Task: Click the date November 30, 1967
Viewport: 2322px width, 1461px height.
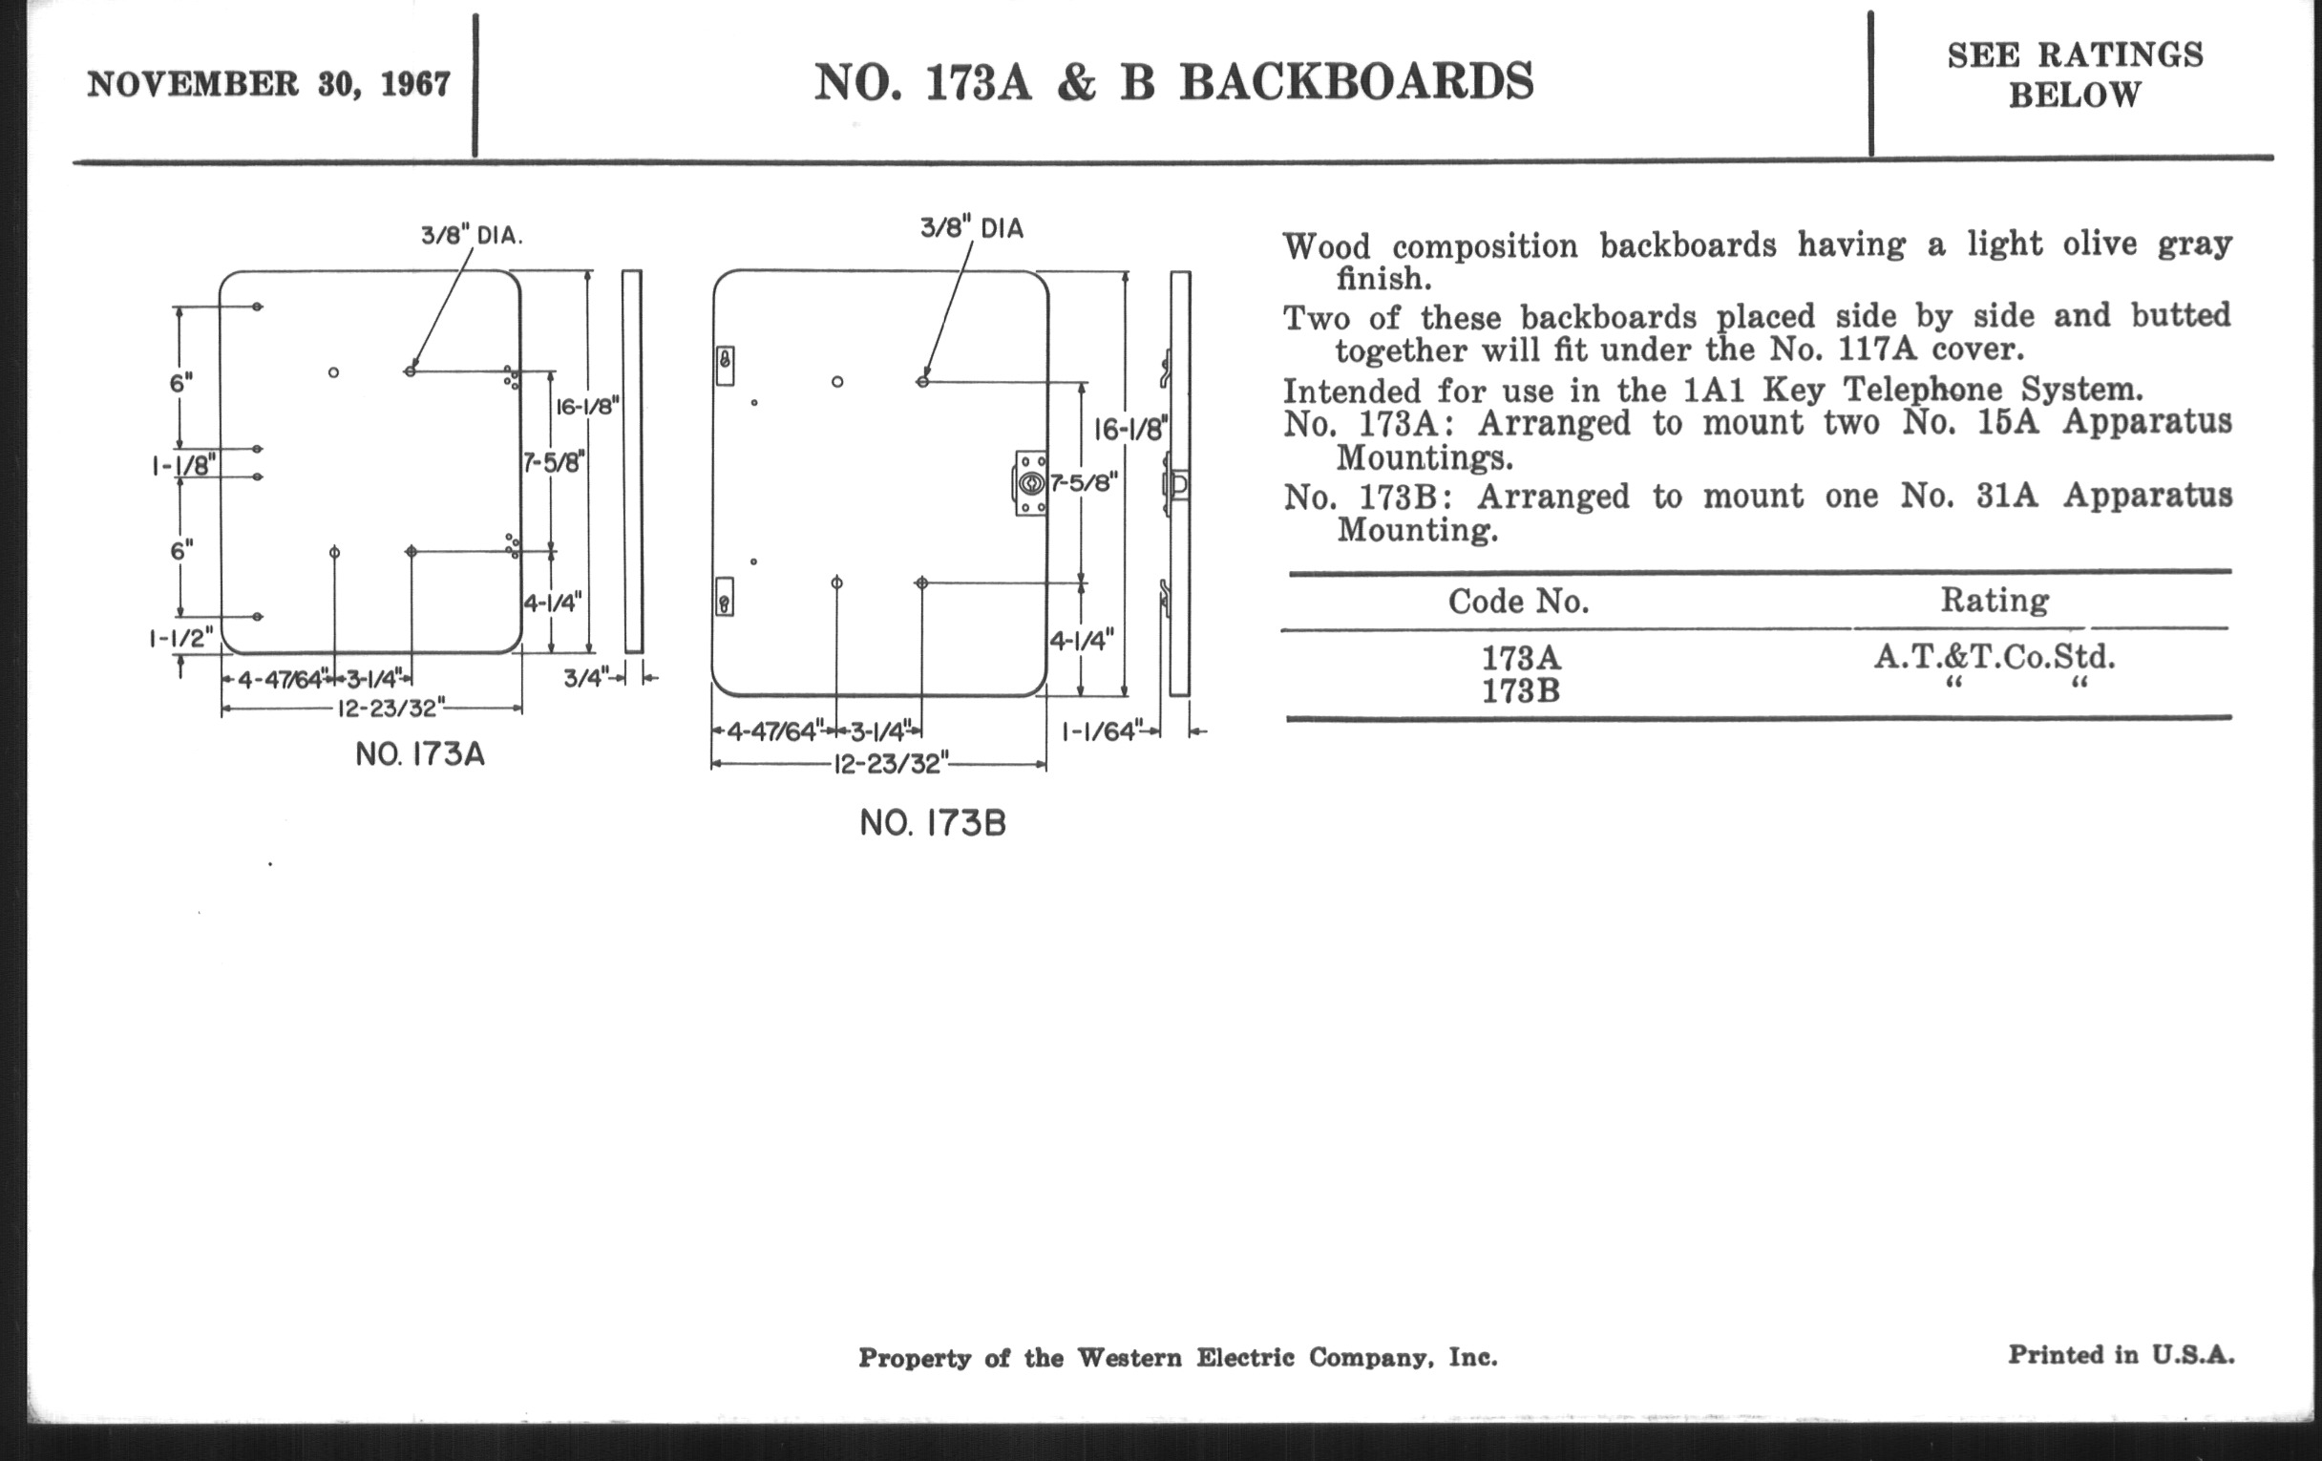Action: coord(269,85)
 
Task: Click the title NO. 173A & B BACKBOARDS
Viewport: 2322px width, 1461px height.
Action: coord(1173,82)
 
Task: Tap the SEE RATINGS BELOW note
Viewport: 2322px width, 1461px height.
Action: coord(2075,74)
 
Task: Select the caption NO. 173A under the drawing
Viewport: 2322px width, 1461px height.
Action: coord(420,754)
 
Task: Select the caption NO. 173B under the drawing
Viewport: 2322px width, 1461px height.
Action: coord(933,823)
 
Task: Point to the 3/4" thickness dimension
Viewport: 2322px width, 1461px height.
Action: coord(586,679)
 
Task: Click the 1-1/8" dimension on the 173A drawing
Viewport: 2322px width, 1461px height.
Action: coord(181,466)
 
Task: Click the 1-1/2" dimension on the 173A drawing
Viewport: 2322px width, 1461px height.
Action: coord(180,639)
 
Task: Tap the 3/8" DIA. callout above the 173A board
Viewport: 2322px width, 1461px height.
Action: coord(472,235)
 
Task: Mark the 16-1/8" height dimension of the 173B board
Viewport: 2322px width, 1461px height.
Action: coord(1130,429)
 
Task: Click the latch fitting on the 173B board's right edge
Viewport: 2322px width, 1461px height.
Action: coord(1030,483)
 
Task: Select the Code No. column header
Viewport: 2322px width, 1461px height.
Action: coord(1518,602)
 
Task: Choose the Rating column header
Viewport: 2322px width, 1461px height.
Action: coord(1995,600)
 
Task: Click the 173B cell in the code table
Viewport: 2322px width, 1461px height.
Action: coord(1521,691)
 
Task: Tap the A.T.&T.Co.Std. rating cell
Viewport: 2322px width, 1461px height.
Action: coord(1995,657)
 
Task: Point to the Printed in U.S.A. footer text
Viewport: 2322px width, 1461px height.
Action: coord(2121,1355)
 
